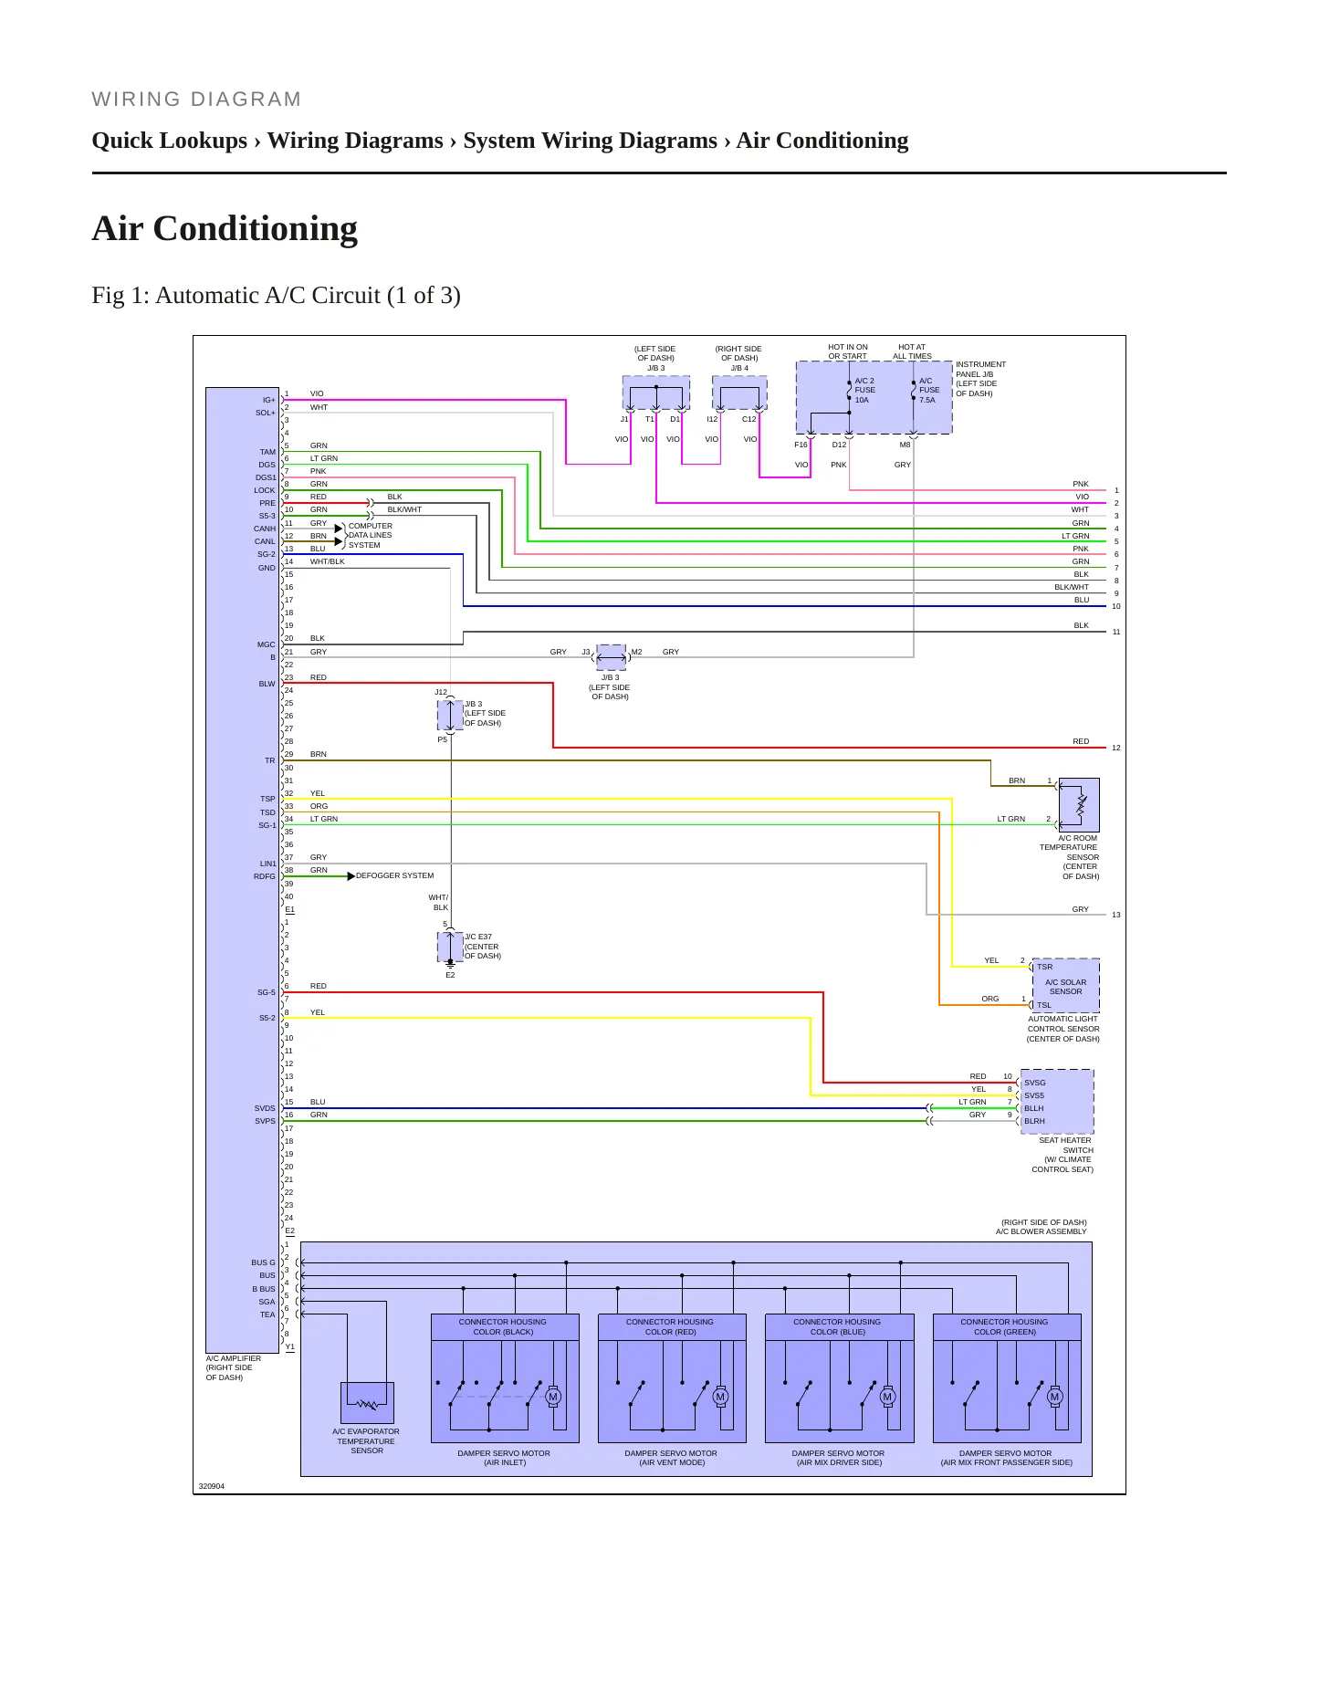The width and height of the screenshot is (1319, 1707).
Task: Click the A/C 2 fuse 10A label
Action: [x=864, y=391]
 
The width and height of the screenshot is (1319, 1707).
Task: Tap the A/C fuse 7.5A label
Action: [x=928, y=391]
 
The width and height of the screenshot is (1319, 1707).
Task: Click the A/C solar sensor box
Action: [x=1065, y=986]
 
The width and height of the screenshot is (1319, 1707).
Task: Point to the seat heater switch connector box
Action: [x=1057, y=1102]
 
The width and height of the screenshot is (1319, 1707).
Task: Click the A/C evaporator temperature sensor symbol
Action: [x=367, y=1403]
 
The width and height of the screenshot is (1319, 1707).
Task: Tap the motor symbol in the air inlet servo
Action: [x=552, y=1397]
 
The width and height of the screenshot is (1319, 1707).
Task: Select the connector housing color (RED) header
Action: [x=671, y=1327]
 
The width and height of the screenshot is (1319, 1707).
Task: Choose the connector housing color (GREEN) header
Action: [x=1005, y=1327]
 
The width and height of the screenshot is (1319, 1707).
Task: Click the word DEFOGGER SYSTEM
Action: [x=395, y=875]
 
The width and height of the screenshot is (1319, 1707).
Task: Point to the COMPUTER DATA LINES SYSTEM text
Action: [x=371, y=536]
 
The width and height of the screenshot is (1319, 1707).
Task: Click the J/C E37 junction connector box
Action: [x=450, y=947]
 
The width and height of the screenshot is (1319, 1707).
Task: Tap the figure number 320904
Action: [x=212, y=1486]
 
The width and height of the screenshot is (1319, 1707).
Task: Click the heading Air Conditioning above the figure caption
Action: [x=225, y=228]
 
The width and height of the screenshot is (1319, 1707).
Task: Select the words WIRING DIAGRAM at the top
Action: [x=196, y=99]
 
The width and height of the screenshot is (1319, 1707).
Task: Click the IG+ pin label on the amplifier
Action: [x=268, y=400]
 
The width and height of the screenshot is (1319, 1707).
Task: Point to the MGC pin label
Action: [x=266, y=644]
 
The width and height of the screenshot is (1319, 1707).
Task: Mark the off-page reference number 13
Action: [x=1116, y=915]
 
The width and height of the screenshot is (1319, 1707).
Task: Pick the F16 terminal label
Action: [x=801, y=445]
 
